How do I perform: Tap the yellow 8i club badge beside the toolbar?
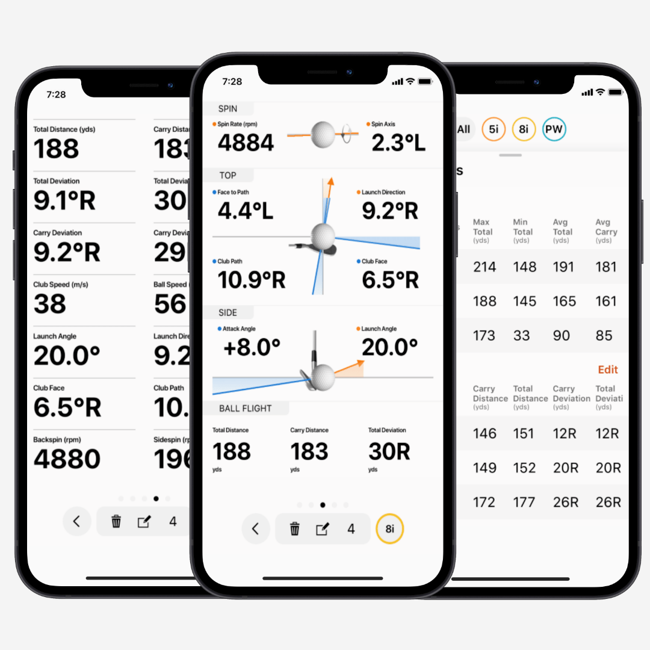[389, 529]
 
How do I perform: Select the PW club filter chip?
[554, 129]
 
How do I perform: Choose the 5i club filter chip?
[494, 129]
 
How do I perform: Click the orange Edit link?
[608, 370]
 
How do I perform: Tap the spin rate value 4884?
[246, 143]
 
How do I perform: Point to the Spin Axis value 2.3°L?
[398, 143]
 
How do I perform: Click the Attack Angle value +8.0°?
[252, 347]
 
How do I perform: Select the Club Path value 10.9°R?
[252, 280]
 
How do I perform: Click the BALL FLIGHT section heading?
[245, 409]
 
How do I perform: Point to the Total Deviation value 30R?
[389, 451]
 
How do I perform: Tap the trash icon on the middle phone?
[294, 529]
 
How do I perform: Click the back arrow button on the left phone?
[76, 521]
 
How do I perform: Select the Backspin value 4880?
[67, 459]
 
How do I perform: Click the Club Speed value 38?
[50, 304]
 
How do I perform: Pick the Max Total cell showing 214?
[484, 267]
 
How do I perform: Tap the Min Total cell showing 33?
[522, 335]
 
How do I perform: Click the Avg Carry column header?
[606, 231]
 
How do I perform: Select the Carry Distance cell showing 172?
[484, 502]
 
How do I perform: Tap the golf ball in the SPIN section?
[323, 134]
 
